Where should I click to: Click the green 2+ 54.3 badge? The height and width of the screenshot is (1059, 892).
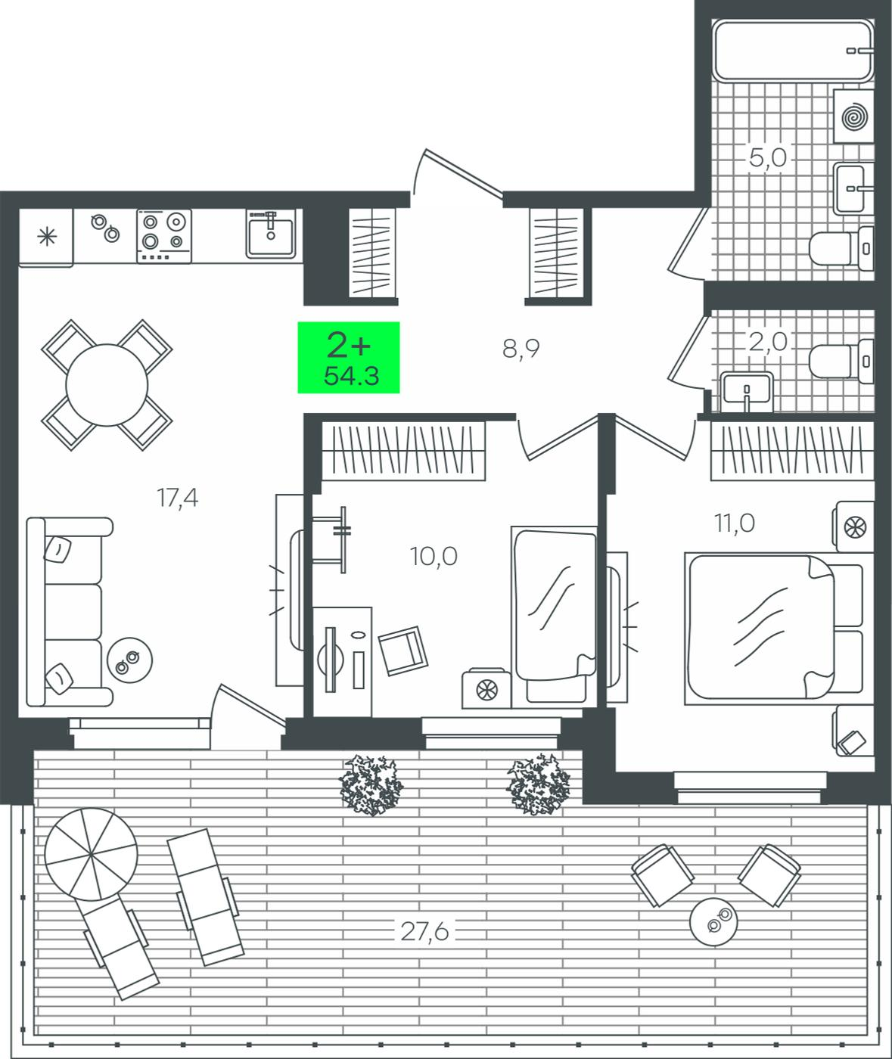[349, 357]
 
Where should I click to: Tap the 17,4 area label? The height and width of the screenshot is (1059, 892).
[178, 498]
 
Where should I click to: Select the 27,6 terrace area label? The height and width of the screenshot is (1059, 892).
[424, 931]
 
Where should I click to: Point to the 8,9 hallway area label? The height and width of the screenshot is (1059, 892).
[521, 349]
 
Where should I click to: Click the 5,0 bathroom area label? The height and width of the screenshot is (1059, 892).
[768, 158]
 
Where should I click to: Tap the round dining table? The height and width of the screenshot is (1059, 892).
[107, 385]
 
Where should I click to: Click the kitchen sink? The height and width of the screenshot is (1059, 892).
[271, 234]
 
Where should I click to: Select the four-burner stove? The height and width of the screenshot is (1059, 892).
[164, 236]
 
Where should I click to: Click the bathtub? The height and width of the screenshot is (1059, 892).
[793, 50]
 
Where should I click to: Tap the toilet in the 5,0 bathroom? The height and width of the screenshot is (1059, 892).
[841, 249]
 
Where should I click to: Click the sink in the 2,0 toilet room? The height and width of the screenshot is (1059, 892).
[747, 392]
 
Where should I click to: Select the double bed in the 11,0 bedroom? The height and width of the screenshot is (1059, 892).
[774, 629]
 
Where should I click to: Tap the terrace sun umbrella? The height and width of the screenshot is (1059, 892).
[91, 854]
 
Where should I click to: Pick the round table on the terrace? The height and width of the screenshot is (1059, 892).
[714, 921]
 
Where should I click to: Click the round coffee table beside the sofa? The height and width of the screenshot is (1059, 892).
[130, 660]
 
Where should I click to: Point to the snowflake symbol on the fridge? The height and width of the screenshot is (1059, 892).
[47, 238]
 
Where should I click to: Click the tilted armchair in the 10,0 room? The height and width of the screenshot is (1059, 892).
[403, 651]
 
